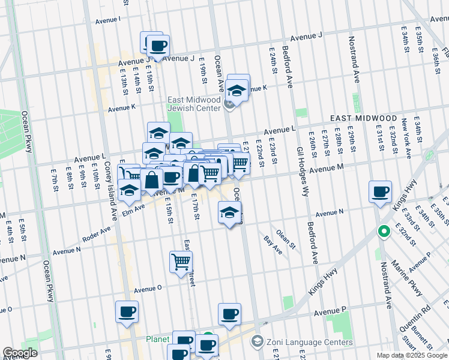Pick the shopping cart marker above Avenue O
(x=181, y=262)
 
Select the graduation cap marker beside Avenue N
(x=229, y=212)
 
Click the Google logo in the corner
(x=20, y=352)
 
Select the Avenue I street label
(x=107, y=19)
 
